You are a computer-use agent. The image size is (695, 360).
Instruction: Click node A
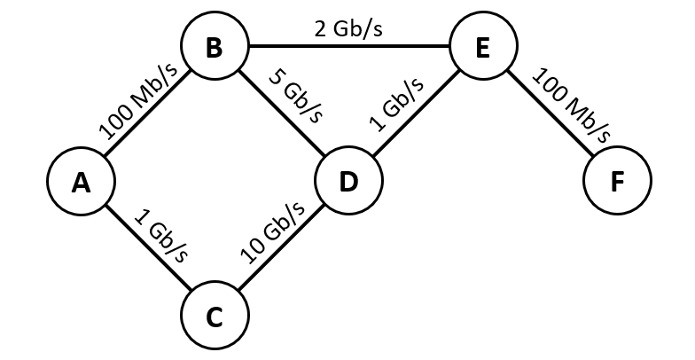point(82,181)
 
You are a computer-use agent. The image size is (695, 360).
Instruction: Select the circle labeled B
point(214,47)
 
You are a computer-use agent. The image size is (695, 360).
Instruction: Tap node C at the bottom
point(215,316)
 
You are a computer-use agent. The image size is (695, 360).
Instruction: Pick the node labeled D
point(348,181)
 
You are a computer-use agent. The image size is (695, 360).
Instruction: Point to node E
point(482,47)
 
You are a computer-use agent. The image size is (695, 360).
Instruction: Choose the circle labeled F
point(617,181)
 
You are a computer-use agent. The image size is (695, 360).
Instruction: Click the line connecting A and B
point(148,114)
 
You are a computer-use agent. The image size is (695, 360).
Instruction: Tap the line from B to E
point(348,47)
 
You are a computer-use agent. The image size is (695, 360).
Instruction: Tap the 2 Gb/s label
point(347,28)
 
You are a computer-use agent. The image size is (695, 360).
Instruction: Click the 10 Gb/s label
point(272,231)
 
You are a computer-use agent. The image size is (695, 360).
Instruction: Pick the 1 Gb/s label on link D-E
point(396,104)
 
